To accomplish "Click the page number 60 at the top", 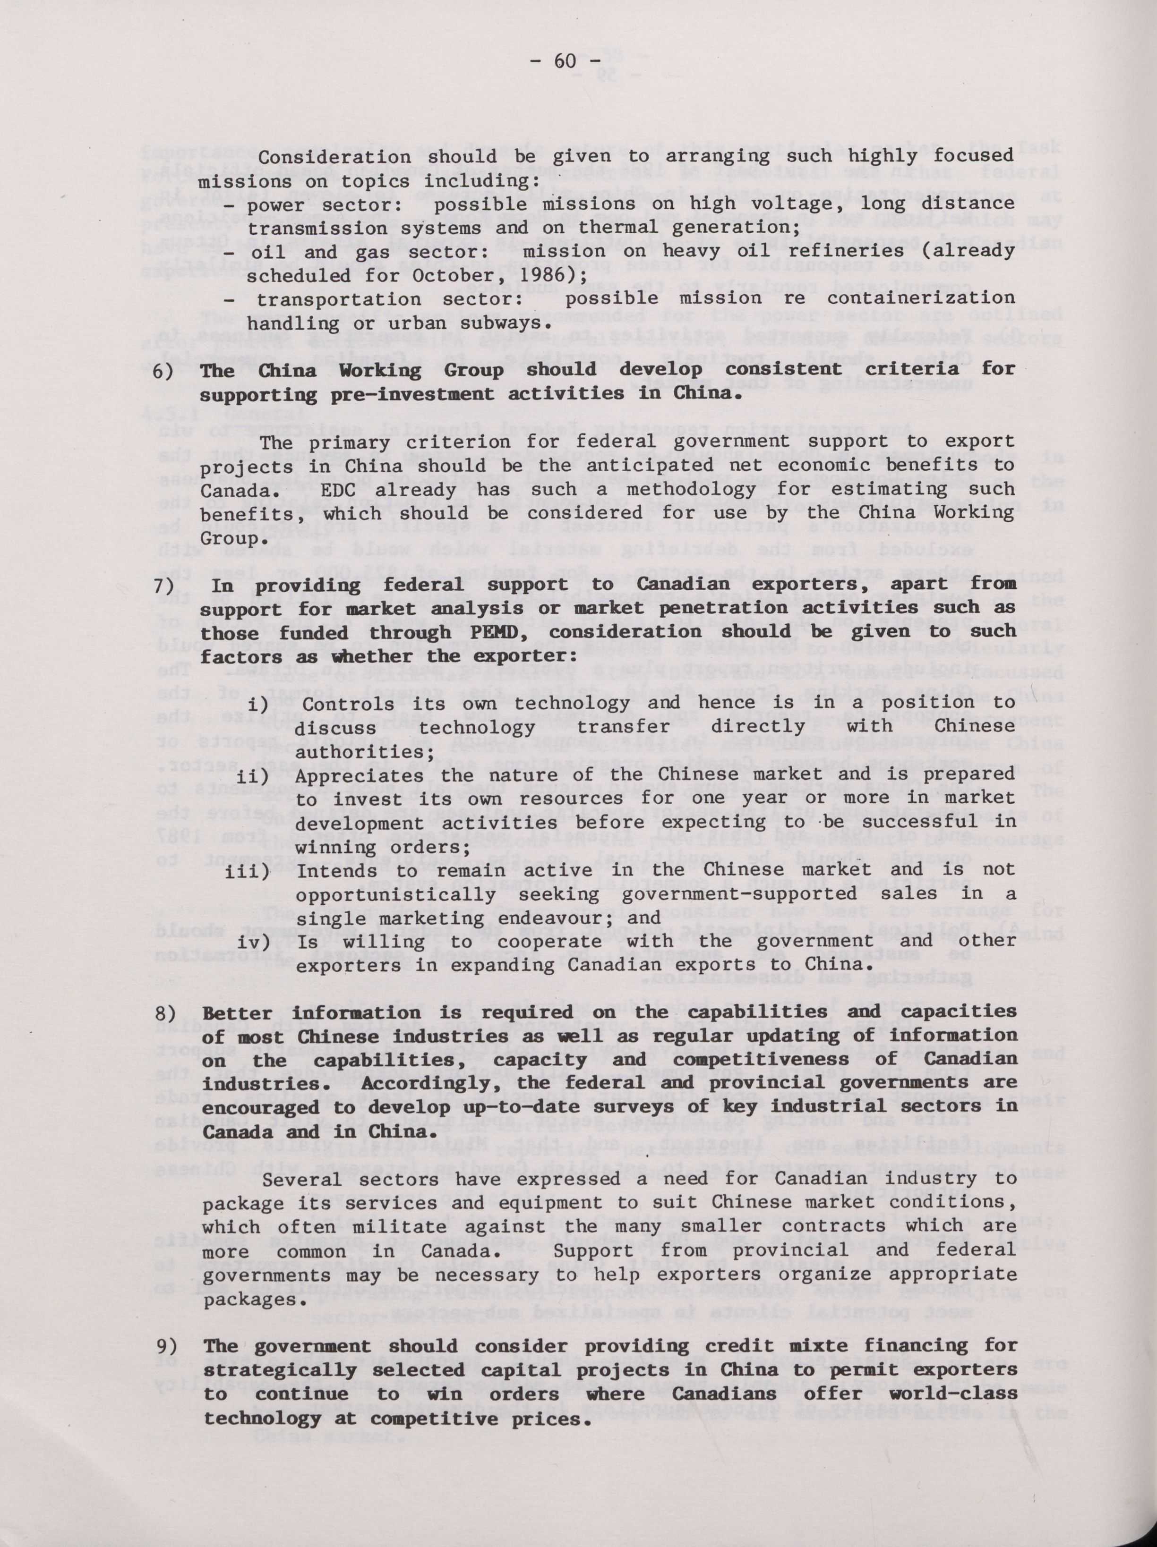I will click(567, 61).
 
